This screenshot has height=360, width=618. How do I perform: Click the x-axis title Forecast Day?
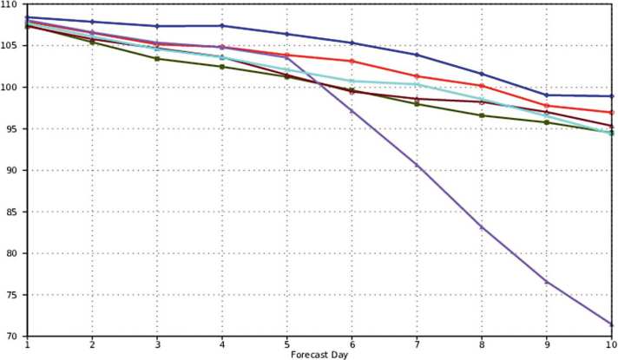(319, 353)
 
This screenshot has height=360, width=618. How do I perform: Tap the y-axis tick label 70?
(12, 336)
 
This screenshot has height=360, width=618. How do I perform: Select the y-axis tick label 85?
(12, 212)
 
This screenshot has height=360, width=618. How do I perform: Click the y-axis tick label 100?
(10, 88)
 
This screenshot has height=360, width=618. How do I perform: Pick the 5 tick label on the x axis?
(287, 344)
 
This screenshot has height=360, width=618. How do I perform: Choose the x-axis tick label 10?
(611, 344)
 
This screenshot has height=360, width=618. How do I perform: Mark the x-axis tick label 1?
(28, 344)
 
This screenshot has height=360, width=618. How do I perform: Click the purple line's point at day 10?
(612, 324)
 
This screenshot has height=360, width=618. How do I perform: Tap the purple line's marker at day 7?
(417, 165)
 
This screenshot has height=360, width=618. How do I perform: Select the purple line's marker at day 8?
(483, 227)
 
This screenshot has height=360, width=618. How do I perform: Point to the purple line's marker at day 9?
(547, 282)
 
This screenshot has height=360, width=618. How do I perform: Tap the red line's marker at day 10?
(612, 112)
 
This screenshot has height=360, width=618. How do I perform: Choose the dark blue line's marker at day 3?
(157, 26)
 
